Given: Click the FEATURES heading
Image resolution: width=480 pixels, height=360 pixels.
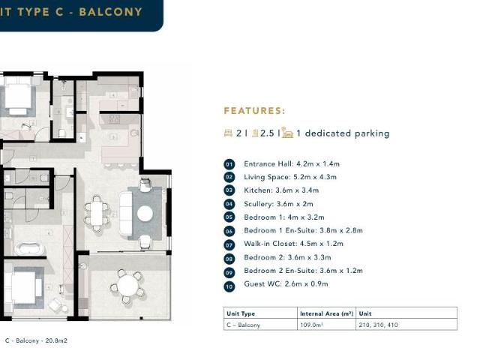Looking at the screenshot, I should pyautogui.click(x=254, y=111).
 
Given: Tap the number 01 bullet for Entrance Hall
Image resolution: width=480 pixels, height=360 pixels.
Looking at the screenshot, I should pyautogui.click(x=229, y=164).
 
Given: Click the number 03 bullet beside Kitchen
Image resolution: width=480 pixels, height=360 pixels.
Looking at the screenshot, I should pyautogui.click(x=229, y=190).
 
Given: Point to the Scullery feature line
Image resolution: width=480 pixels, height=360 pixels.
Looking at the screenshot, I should pyautogui.click(x=278, y=204).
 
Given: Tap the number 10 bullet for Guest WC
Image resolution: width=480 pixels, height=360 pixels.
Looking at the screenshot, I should pyautogui.click(x=229, y=285).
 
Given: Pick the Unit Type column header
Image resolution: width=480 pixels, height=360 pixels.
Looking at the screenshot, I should pyautogui.click(x=241, y=313).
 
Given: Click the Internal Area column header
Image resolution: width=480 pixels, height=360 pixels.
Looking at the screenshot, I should pyautogui.click(x=326, y=313).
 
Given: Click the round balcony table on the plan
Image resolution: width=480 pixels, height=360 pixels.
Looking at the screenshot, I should pyautogui.click(x=129, y=284).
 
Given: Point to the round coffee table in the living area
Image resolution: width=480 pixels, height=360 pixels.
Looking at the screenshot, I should pyautogui.click(x=145, y=214).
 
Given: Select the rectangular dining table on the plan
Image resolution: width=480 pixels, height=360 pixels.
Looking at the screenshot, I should pyautogui.click(x=97, y=213).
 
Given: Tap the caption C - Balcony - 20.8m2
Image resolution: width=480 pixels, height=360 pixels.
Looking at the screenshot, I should pyautogui.click(x=36, y=340).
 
